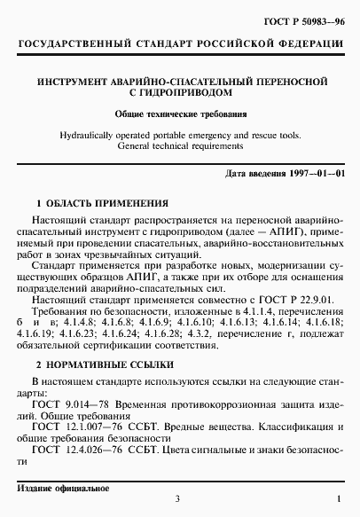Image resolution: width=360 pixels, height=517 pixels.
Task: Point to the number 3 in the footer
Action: click(177, 504)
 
